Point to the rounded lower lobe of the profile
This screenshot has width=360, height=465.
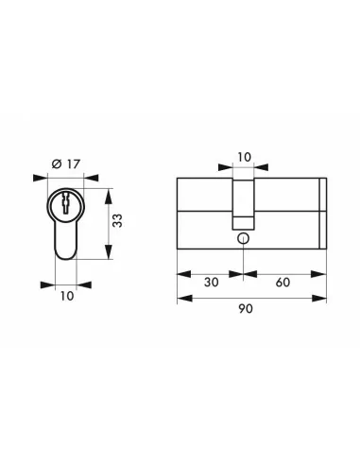pos(65,248)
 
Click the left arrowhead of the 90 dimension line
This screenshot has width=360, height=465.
pos(181,296)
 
